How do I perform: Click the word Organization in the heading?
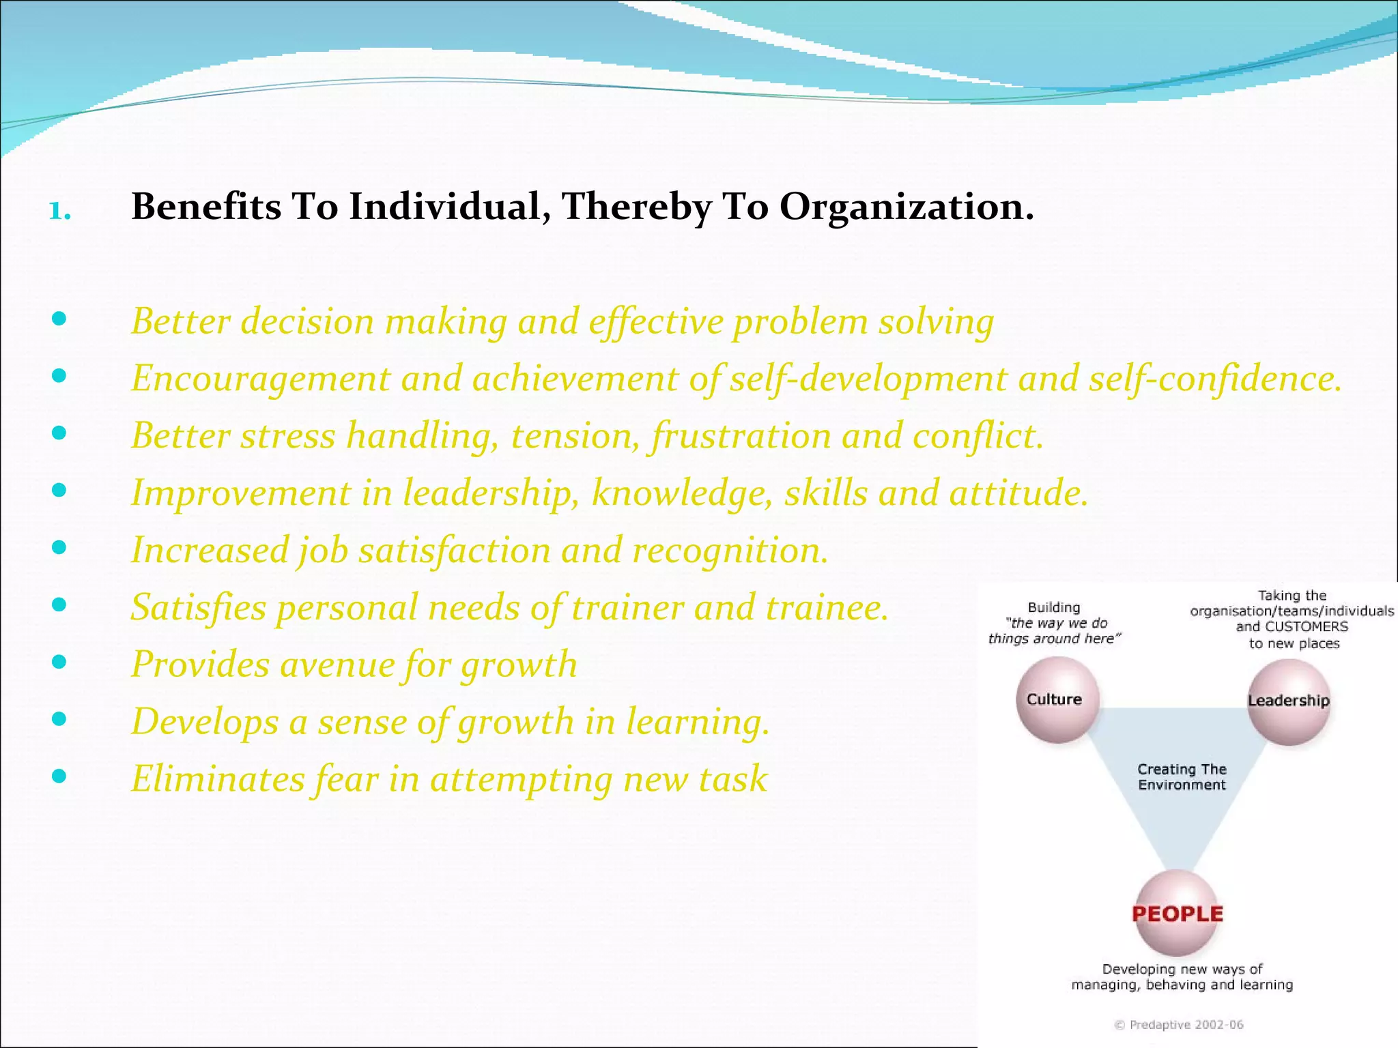[x=906, y=207]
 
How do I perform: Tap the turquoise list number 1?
[x=59, y=211]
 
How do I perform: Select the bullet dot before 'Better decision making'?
[x=59, y=318]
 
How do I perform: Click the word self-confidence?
[x=1215, y=379]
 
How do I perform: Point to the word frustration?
[x=741, y=436]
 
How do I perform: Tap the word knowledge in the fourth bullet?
[x=682, y=493]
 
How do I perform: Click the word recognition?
[x=730, y=551]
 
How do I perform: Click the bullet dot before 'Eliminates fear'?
[x=59, y=776]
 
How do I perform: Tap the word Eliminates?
[x=218, y=778]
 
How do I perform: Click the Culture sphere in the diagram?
[x=1057, y=700]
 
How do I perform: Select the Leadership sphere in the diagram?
[x=1288, y=701]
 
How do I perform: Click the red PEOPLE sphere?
[x=1177, y=914]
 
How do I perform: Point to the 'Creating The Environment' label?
[x=1182, y=777]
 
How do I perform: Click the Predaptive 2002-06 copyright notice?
[x=1179, y=1025]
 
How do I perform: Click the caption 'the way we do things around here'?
[x=1055, y=631]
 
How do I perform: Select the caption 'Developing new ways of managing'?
[x=1182, y=977]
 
